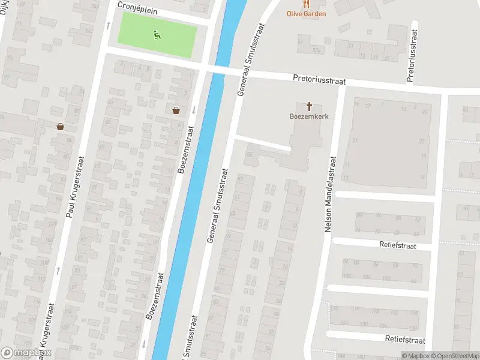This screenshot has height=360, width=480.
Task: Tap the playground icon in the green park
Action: pyautogui.click(x=157, y=35)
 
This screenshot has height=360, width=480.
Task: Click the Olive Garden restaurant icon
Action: pyautogui.click(x=306, y=4)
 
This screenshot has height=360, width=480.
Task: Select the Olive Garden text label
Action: pyautogui.click(x=306, y=14)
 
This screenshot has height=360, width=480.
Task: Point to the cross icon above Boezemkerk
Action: pyautogui.click(x=310, y=106)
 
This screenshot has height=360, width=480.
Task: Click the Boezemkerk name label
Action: pyautogui.click(x=310, y=116)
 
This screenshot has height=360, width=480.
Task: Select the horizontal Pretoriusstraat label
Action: pyautogui.click(x=320, y=79)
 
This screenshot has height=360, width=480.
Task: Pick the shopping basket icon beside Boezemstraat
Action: pyautogui.click(x=176, y=110)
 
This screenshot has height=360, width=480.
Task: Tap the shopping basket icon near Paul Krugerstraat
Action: pyautogui.click(x=60, y=127)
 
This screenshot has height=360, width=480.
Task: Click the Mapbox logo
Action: pyautogui.click(x=26, y=353)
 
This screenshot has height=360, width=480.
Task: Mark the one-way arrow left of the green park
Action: pyautogui.click(x=108, y=25)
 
